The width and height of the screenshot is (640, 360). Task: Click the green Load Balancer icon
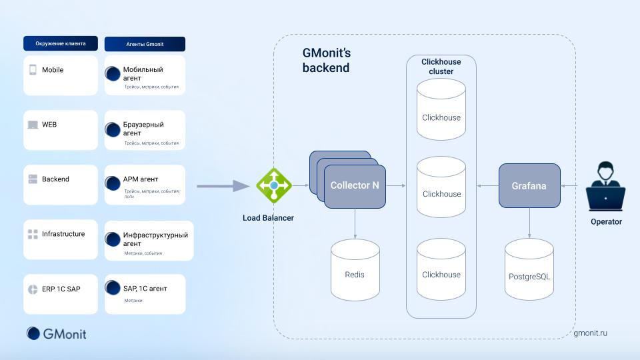(274, 186)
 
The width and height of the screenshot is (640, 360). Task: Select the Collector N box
(355, 186)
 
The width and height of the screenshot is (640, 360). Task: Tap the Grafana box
(529, 186)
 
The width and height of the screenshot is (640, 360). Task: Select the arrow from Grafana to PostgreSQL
(529, 223)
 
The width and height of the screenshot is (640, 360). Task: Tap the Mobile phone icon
(33, 70)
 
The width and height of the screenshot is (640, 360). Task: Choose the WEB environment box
(61, 130)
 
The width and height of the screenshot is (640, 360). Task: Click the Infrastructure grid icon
(33, 234)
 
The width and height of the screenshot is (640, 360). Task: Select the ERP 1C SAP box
(61, 294)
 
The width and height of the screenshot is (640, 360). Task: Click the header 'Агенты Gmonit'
(145, 44)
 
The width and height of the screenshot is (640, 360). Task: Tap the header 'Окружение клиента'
(61, 43)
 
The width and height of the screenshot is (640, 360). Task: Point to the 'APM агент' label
(140, 179)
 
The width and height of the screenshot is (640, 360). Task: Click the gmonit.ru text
(590, 333)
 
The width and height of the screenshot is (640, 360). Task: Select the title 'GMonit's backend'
(326, 61)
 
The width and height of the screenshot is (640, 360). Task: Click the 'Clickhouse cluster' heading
(441, 67)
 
